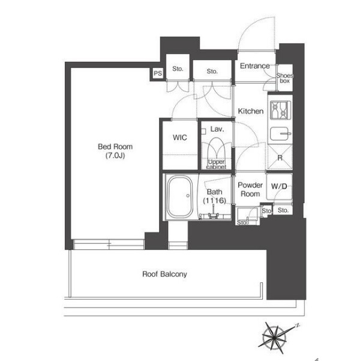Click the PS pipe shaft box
(x=158, y=73)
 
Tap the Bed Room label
(x=115, y=147)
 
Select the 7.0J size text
(x=115, y=156)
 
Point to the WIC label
(x=179, y=138)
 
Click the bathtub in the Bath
(x=179, y=196)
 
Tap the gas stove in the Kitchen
(x=280, y=111)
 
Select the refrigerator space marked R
(x=280, y=158)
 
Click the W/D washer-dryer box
(x=279, y=186)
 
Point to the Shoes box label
(x=284, y=78)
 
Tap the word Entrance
(x=254, y=66)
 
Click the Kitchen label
(x=251, y=111)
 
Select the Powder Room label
(x=250, y=189)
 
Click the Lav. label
(x=217, y=129)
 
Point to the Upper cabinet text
(x=216, y=165)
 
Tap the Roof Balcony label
(x=164, y=274)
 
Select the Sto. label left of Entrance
(x=212, y=71)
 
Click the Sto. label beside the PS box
(x=178, y=68)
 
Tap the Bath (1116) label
(x=214, y=196)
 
